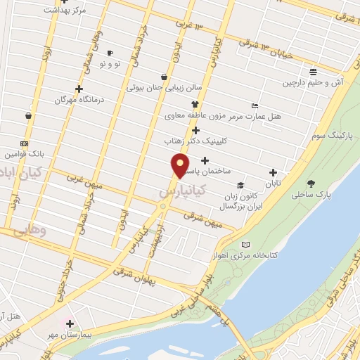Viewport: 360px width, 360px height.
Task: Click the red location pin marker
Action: [180, 166]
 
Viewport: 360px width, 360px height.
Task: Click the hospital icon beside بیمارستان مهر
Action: [70, 323]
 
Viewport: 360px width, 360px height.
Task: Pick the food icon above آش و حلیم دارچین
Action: [313, 72]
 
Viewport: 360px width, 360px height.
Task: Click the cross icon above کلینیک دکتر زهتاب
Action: [195, 130]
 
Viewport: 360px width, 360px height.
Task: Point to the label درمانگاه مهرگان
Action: [79, 100]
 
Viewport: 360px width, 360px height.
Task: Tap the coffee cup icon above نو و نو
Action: [110, 53]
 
